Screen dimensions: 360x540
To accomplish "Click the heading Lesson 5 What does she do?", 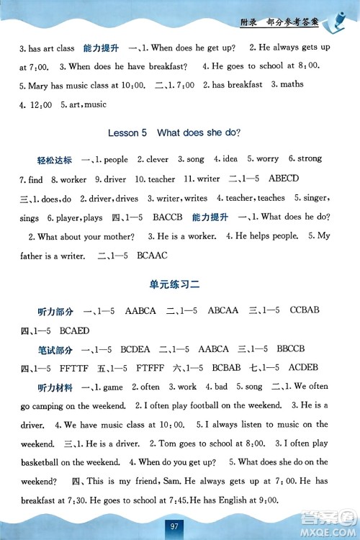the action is (x=174, y=132).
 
